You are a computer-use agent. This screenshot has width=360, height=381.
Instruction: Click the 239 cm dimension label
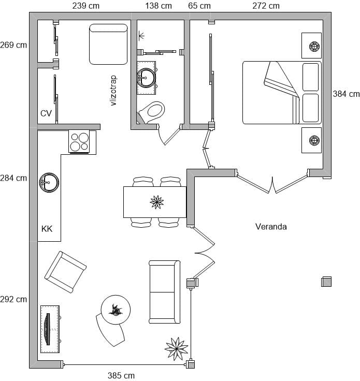coord(86,6)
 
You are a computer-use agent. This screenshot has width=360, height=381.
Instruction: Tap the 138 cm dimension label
coord(159,6)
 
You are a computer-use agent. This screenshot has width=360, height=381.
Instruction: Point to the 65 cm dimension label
coord(199,6)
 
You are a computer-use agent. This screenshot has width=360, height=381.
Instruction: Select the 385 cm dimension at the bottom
coord(121,375)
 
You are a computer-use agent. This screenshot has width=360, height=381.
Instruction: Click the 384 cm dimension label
coord(346,94)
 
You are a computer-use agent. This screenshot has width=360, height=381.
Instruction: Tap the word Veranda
coord(271,227)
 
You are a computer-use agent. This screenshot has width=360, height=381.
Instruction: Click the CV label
coord(46,113)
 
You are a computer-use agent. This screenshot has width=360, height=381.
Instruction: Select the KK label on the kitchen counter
coord(47,229)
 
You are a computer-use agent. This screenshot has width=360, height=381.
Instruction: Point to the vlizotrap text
coord(113,91)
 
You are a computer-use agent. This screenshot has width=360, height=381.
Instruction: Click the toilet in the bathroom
coord(151,112)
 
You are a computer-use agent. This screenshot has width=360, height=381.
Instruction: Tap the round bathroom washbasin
coord(146,78)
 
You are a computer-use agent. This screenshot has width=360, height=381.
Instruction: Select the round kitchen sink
coord(49,183)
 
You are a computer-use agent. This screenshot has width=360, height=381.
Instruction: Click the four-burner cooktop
coord(79,142)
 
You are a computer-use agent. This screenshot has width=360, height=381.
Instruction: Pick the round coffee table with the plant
coord(116,310)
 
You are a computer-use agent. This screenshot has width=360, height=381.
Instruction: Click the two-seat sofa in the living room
coord(165,292)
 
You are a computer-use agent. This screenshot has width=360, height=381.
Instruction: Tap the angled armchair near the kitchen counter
coord(66,272)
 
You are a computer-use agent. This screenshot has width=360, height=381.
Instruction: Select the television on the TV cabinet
coord(48,329)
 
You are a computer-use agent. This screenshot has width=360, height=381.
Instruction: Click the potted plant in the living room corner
coord(177,349)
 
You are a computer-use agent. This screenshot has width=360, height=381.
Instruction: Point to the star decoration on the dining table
coord(157,202)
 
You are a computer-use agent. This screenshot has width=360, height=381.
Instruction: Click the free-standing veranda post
coord(326,282)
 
